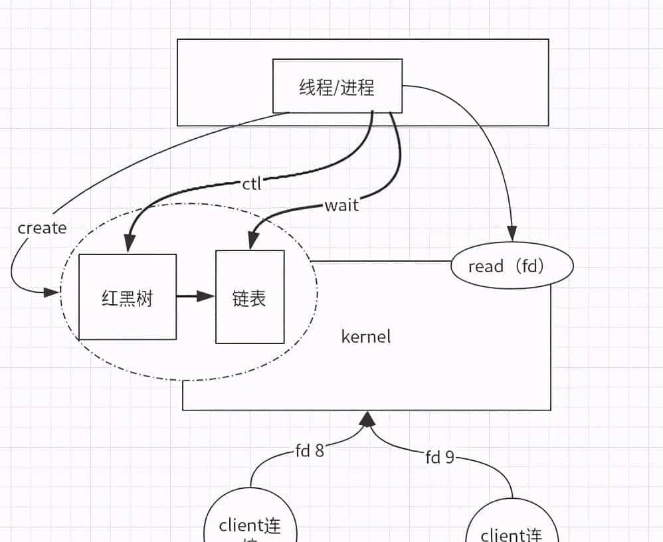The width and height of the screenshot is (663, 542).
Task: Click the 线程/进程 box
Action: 337,86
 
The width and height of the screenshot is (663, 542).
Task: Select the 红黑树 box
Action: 128,296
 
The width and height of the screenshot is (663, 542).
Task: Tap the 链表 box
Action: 250,297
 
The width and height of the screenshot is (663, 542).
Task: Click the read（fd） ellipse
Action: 511,266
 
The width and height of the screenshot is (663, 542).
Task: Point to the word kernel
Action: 366,336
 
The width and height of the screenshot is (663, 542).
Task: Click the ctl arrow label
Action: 252,184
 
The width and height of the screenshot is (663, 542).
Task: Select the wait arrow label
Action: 341,205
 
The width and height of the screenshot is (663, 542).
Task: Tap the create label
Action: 42,228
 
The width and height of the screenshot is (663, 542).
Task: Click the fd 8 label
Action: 310,451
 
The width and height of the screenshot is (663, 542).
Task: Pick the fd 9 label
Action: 440,457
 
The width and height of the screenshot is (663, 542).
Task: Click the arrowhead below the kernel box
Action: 367,418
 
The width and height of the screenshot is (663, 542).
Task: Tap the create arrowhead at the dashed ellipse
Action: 52,292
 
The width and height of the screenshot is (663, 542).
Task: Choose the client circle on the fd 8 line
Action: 250,525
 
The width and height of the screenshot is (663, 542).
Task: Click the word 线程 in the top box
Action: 315,87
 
